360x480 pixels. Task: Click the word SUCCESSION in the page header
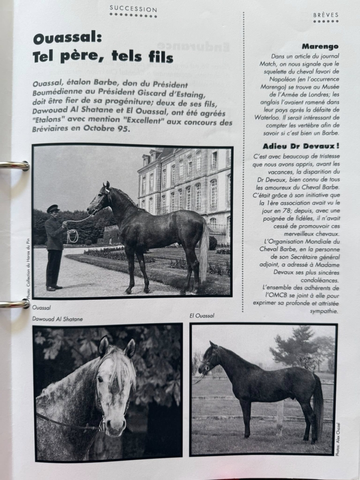pyautogui.click(x=133, y=9)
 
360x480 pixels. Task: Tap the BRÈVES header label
pyautogui.click(x=326, y=15)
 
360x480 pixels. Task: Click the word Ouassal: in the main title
pyautogui.click(x=67, y=38)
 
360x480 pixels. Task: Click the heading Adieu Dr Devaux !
pyautogui.click(x=300, y=146)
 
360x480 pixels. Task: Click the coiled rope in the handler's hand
pyautogui.click(x=73, y=236)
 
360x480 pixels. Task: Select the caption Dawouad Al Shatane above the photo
pyautogui.click(x=58, y=319)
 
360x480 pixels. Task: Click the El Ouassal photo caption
pyautogui.click(x=202, y=316)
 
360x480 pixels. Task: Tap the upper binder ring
pyautogui.click(x=14, y=165)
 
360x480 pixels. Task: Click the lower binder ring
pyautogui.click(x=14, y=303)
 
